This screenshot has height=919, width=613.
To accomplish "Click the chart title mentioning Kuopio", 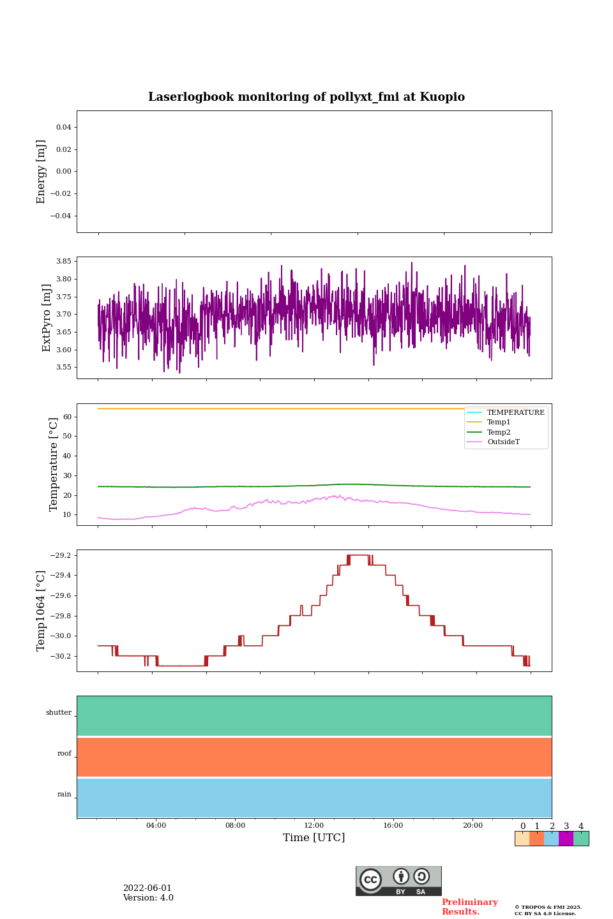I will tap(306, 97).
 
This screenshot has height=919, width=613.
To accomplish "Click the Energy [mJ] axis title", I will tap(42, 172).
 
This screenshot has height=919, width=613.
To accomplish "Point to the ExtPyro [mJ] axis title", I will tap(47, 318).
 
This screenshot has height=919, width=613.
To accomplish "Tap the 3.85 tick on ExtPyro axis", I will tap(63, 262).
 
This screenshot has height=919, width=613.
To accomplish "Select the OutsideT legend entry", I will tap(503, 442).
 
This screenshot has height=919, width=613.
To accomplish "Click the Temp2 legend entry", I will tap(499, 432).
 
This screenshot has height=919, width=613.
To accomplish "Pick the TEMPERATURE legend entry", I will tap(515, 412).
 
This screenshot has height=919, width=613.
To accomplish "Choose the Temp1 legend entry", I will tap(499, 422).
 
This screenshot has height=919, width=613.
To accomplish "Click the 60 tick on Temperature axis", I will tap(67, 417).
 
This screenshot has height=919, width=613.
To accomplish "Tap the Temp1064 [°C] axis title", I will tap(42, 611).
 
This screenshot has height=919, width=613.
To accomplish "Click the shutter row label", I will tap(59, 713).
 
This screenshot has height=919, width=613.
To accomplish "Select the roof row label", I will tap(64, 754).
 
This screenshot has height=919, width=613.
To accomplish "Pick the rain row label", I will tap(64, 795).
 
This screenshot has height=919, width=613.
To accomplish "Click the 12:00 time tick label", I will tap(314, 826).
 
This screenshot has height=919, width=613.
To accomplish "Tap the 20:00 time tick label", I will tap(473, 826).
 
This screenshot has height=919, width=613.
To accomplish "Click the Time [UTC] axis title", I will tap(314, 838).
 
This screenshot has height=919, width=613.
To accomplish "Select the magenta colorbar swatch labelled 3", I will tap(566, 839).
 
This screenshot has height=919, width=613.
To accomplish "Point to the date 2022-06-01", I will tap(148, 888).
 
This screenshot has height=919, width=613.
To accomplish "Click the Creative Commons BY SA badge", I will tap(398, 881).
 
